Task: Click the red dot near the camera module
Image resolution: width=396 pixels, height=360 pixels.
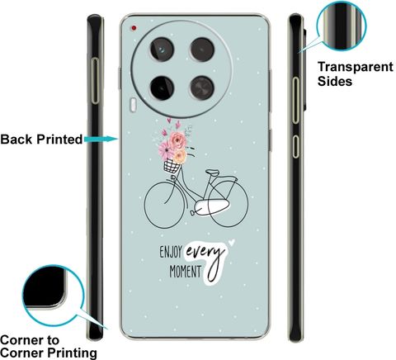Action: pos(134,28)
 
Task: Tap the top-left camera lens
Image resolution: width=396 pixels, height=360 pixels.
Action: pos(162,50)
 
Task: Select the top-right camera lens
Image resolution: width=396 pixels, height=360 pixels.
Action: pos(202,50)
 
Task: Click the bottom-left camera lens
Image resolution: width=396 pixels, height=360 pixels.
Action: pos(162,88)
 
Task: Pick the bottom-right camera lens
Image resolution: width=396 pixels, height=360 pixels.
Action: pos(202,88)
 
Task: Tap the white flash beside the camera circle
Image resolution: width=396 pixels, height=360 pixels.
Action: pos(133,105)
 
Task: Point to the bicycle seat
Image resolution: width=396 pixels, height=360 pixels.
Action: pos(213,173)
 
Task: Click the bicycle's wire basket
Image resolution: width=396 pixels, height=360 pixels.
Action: pos(172,166)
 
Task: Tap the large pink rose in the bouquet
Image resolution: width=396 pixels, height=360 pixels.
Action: pos(177,140)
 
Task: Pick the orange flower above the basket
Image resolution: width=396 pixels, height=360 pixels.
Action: pos(180,156)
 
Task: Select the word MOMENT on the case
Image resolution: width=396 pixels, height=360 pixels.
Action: pos(186,272)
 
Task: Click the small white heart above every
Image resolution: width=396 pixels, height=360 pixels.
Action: pos(232,243)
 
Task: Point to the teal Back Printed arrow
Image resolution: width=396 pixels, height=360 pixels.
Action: pos(101,140)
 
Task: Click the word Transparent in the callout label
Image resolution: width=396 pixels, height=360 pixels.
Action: pos(356,67)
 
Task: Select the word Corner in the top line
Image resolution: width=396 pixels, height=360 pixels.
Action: pos(21,340)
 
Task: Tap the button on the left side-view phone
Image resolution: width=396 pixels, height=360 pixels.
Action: pos(95,81)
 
